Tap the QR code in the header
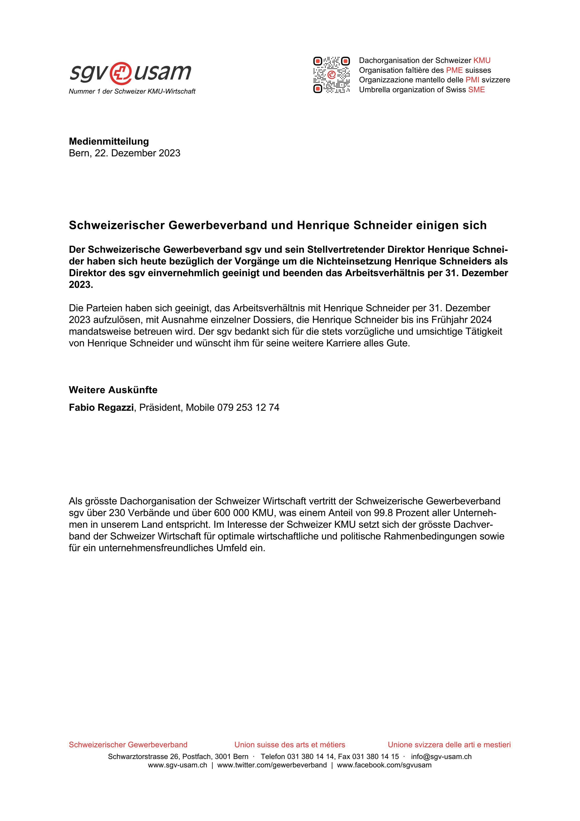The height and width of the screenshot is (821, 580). click(x=331, y=75)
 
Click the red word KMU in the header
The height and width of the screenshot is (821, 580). click(x=482, y=60)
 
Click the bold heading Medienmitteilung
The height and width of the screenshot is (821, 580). click(x=109, y=141)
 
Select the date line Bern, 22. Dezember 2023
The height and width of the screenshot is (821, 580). click(x=124, y=153)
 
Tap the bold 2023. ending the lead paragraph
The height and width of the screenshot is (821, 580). click(x=81, y=285)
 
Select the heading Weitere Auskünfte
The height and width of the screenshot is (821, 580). click(x=113, y=390)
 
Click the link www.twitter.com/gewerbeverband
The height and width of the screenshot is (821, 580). click(x=272, y=765)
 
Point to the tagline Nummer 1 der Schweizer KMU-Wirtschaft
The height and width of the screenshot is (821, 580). click(x=132, y=92)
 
